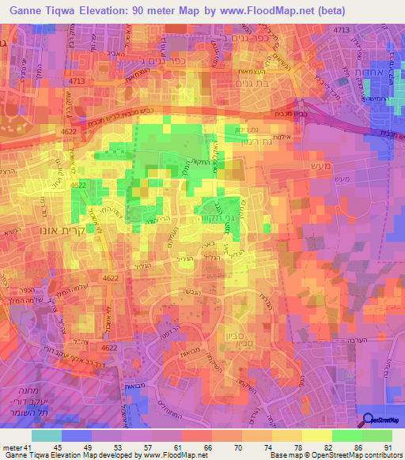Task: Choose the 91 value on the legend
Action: [388, 449]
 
